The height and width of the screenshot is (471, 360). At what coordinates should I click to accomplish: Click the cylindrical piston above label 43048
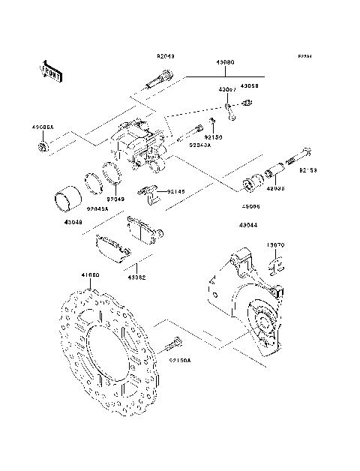(66, 201)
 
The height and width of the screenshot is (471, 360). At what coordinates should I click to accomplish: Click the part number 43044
(250, 225)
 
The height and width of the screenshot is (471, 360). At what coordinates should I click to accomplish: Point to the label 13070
(277, 244)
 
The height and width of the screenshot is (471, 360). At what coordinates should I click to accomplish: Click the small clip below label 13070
(276, 265)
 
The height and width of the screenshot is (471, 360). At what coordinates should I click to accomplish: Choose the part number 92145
(176, 192)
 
